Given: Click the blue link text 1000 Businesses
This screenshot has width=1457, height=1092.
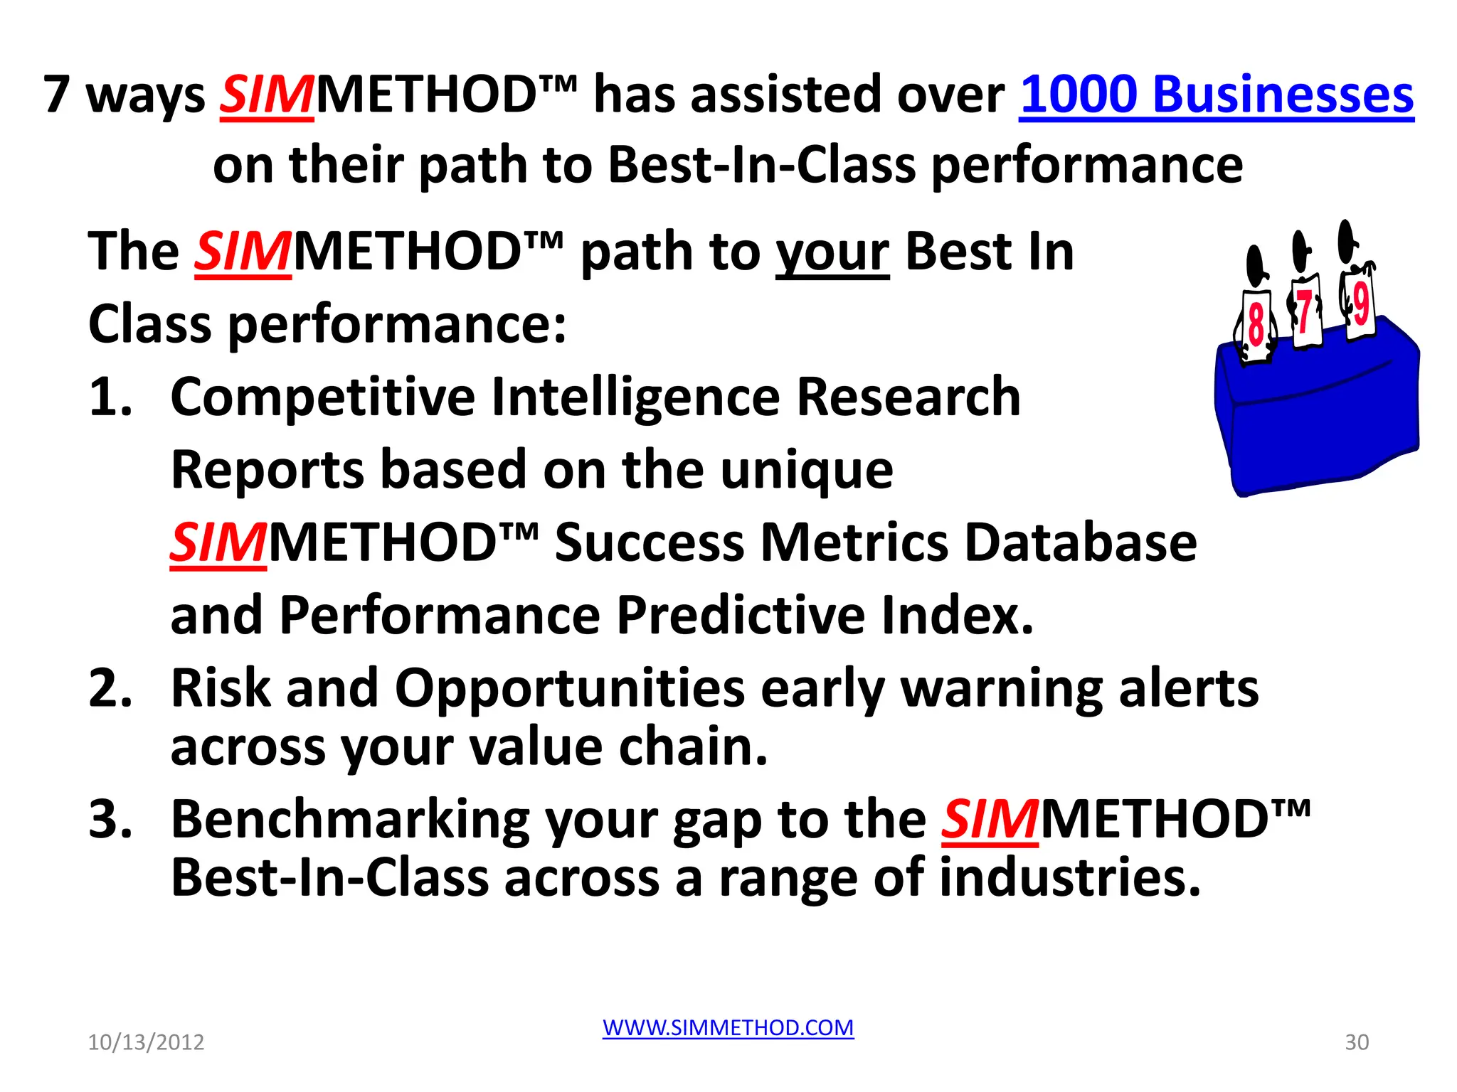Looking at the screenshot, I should click(x=1216, y=95).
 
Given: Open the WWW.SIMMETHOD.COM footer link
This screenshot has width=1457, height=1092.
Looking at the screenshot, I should click(x=728, y=1027).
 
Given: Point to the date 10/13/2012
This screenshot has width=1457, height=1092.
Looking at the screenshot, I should click(x=146, y=1042).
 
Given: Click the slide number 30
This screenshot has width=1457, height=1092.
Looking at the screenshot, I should click(x=1357, y=1042).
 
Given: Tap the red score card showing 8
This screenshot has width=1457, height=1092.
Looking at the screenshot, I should click(x=1256, y=325).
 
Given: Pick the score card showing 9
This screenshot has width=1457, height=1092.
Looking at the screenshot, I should click(x=1360, y=305).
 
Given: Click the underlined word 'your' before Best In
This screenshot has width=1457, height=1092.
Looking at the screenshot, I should click(x=832, y=253).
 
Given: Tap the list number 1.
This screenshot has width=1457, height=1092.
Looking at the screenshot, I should click(x=110, y=397).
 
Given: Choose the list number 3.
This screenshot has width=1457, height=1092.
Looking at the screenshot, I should click(x=110, y=819).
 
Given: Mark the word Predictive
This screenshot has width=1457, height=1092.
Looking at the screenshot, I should click(x=740, y=615).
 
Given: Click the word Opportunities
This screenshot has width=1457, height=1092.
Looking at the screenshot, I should click(x=569, y=690).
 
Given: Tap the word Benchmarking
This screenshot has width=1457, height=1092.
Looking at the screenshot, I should click(x=350, y=820).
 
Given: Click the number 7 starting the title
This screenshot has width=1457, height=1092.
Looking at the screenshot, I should click(x=57, y=95).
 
